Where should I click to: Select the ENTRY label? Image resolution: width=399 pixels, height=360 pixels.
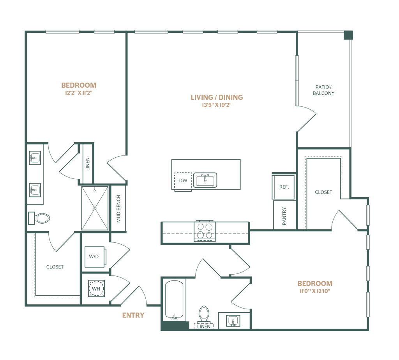click(x=134, y=315)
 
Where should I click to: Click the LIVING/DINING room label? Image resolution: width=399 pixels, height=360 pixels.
click(x=217, y=97)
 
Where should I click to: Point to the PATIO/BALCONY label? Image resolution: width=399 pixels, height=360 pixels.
click(x=324, y=90)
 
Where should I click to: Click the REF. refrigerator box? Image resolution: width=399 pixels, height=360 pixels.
click(x=284, y=187)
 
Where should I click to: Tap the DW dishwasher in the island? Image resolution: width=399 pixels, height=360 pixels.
click(x=183, y=180)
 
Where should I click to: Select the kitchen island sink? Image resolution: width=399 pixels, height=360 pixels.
click(x=206, y=180)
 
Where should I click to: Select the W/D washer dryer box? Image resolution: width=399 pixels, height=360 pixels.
click(x=94, y=257)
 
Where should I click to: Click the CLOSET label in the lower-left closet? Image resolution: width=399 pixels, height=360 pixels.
click(x=55, y=267)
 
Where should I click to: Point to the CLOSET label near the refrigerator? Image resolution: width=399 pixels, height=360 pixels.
click(x=323, y=192)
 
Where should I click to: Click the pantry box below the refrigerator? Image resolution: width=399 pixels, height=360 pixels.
click(x=284, y=215)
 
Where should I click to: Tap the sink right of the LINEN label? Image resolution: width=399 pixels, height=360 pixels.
click(x=233, y=320)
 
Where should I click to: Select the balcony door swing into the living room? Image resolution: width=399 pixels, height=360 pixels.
click(x=308, y=117)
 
